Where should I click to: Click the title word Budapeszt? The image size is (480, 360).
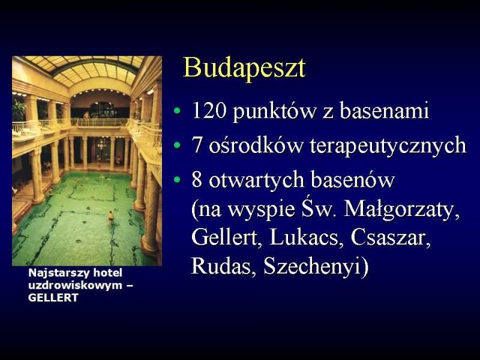click(x=244, y=68)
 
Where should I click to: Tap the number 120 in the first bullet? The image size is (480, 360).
click(x=209, y=110)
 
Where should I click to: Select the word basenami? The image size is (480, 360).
click(x=384, y=110)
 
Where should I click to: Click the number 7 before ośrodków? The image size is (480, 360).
click(x=197, y=145)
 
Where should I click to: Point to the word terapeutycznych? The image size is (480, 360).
click(x=388, y=146)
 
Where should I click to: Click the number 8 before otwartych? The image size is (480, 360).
click(x=197, y=179)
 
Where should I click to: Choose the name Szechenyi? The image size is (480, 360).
click(x=316, y=267)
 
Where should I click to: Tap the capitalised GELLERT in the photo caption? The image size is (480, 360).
click(x=53, y=298)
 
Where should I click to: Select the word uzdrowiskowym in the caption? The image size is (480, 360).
click(x=75, y=285)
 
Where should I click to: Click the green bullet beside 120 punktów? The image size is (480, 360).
click(x=177, y=111)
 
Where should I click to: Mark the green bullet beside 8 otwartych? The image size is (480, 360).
click(x=177, y=179)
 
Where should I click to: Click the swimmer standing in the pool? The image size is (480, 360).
click(x=110, y=217)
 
